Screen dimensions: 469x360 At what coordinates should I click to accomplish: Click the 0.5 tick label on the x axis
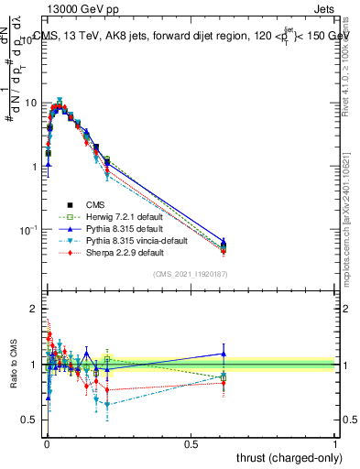[x=191, y=443]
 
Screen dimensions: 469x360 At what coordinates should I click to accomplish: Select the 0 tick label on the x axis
[x=46, y=443]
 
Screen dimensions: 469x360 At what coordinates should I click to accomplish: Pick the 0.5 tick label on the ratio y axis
[x=29, y=420]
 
